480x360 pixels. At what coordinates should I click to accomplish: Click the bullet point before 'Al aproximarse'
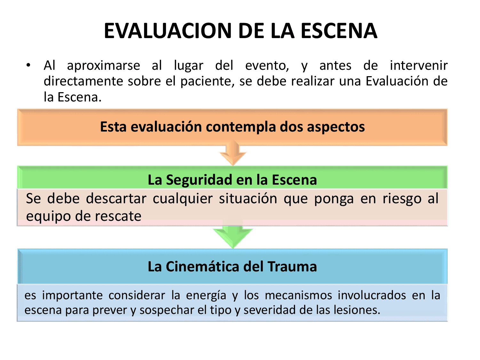coord(28,65)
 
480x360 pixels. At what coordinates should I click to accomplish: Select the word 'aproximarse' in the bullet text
coord(103,66)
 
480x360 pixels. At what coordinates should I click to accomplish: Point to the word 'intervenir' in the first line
coord(418,66)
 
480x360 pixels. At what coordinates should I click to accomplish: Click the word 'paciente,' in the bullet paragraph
coord(206,82)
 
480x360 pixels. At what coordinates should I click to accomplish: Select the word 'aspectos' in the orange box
coord(336,127)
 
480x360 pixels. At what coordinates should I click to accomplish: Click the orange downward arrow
coord(233,153)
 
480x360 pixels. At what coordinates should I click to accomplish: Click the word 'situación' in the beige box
coord(248,199)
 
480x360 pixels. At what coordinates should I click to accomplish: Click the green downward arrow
coord(233,236)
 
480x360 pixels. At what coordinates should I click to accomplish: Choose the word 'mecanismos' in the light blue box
coord(298,295)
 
